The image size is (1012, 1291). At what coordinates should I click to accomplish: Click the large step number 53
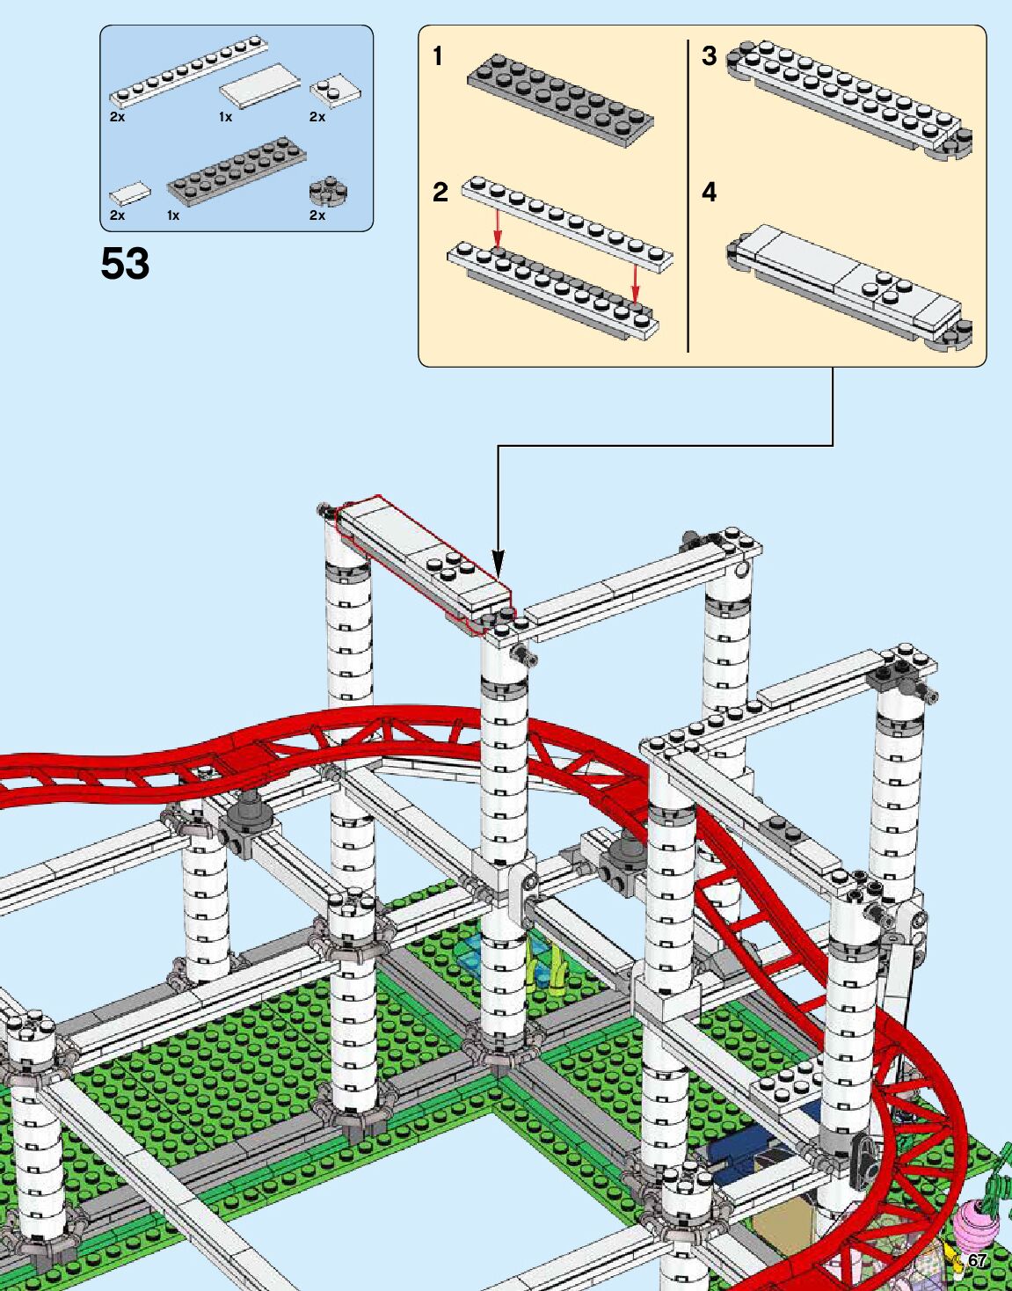click(125, 264)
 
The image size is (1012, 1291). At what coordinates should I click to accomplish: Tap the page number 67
click(977, 1261)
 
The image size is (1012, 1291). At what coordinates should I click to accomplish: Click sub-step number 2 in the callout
click(440, 192)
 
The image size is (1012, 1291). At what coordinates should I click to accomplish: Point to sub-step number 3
click(709, 56)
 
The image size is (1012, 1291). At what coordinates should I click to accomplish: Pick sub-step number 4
click(710, 192)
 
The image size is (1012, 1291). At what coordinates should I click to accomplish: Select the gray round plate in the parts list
click(330, 190)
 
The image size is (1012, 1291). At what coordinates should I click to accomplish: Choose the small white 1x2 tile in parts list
click(129, 192)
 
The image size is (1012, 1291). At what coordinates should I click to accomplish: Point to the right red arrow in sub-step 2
click(635, 281)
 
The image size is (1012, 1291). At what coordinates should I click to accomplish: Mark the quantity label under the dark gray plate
click(173, 215)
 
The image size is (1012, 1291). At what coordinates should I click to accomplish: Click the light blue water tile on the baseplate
click(476, 952)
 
